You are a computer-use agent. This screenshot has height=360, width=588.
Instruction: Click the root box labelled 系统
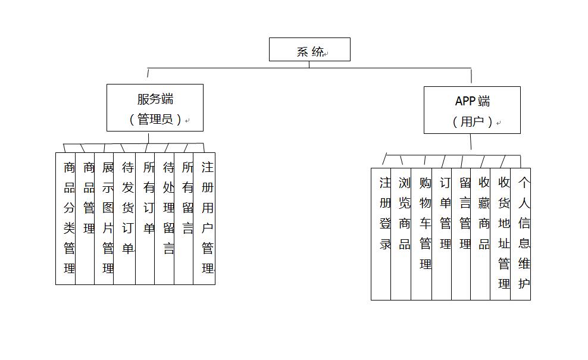coord(309,49)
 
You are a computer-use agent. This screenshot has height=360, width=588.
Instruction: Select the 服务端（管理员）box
coord(155,108)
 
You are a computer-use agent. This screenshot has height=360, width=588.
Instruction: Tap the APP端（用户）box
coord(472,110)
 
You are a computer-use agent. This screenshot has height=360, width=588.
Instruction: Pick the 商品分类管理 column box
coord(65,218)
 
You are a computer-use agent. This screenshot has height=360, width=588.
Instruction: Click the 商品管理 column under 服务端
coord(85,218)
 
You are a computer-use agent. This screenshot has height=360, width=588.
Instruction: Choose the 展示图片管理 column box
coord(104,218)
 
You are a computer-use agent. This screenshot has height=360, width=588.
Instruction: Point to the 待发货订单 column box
coord(124,218)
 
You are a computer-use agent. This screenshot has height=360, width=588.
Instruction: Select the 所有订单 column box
coord(145,218)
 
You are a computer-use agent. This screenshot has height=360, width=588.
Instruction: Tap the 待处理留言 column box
coord(164,218)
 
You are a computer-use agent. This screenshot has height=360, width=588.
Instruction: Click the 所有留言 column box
coord(184,218)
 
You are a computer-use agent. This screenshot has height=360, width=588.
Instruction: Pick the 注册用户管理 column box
coord(204,218)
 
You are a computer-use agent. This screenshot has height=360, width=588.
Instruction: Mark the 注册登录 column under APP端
coord(381,234)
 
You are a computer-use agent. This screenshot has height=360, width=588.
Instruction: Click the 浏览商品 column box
coord(401,234)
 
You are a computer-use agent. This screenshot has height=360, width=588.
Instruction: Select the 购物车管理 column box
coord(421,234)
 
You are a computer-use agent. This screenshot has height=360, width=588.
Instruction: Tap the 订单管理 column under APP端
coord(442,234)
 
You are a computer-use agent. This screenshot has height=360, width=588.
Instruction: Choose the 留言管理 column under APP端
coord(461,234)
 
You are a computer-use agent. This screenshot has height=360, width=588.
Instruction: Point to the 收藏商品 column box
coord(480,234)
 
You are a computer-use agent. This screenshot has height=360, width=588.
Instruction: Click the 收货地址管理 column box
coord(501,234)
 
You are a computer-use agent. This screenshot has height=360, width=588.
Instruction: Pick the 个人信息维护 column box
coord(521,234)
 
